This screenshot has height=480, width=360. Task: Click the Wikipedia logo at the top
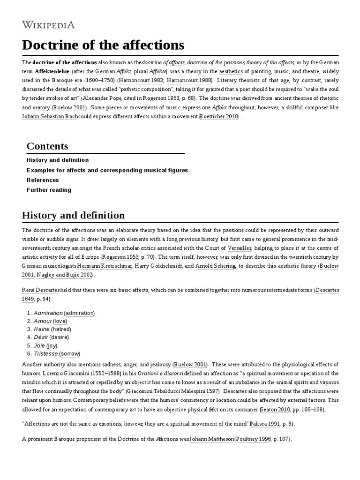click(x=48, y=25)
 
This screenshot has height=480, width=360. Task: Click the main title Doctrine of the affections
click(x=103, y=45)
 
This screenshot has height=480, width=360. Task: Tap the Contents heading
click(x=47, y=146)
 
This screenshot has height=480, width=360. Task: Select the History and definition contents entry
click(x=58, y=160)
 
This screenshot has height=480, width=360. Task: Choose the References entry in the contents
click(x=43, y=180)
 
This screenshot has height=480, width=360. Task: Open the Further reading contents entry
click(x=49, y=190)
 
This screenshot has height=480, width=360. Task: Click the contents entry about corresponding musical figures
click(x=107, y=170)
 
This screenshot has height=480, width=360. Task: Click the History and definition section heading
click(x=73, y=215)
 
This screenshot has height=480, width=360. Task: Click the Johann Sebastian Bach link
click(x=50, y=116)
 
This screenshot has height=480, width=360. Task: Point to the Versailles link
click(x=240, y=248)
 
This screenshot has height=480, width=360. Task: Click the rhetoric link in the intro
click(x=329, y=98)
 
